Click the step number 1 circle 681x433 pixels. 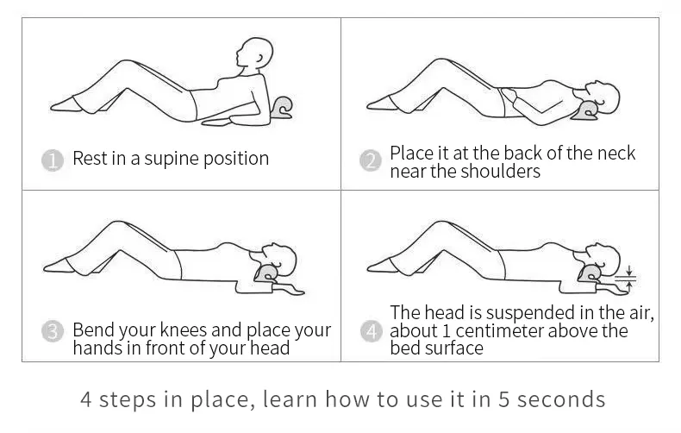click(53, 160)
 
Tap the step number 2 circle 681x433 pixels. click(371, 160)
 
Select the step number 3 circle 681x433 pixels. click(53, 331)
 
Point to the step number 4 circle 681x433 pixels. click(372, 331)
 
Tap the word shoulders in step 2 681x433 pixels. click(501, 171)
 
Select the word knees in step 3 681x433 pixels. click(183, 330)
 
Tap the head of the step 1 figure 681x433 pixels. click(254, 53)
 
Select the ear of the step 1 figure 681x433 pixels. click(260, 59)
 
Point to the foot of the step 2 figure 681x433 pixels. click(378, 104)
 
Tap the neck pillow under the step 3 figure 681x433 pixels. click(266, 274)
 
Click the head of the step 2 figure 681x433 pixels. click(603, 97)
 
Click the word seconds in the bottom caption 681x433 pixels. click(561, 399)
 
